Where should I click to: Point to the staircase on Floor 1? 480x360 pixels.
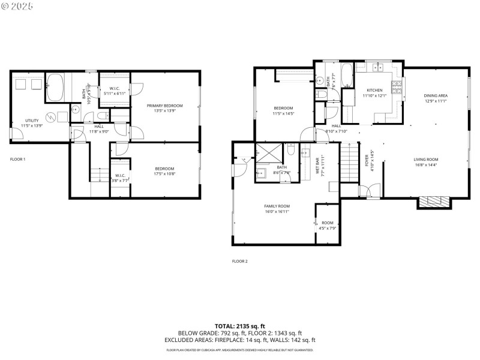pyautogui.click(x=99, y=174)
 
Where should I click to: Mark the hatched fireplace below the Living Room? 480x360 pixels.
pyautogui.click(x=433, y=202)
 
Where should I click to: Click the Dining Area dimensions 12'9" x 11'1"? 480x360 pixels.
pyautogui.click(x=436, y=101)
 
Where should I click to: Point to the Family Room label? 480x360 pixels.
pyautogui.click(x=277, y=206)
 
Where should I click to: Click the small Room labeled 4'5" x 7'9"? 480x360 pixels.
pyautogui.click(x=327, y=225)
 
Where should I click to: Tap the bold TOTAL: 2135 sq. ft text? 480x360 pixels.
pyautogui.click(x=240, y=326)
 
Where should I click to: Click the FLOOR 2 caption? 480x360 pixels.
pyautogui.click(x=239, y=261)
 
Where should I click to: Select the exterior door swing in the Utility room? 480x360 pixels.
pyautogui.click(x=16, y=133)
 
